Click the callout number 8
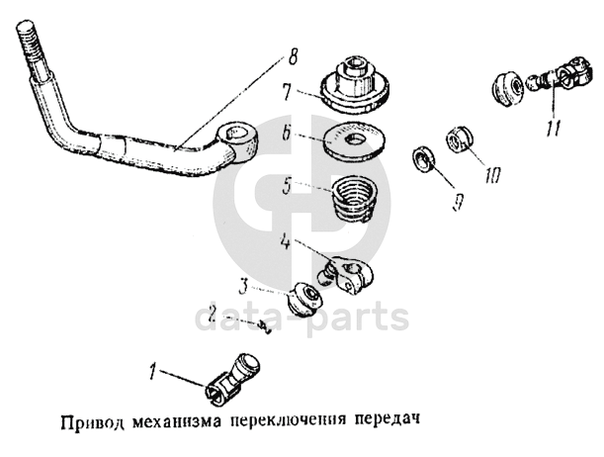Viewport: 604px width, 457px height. (x=293, y=57)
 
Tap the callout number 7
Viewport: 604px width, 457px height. (x=287, y=92)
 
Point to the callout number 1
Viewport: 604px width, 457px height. (x=153, y=371)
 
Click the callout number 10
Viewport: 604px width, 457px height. (x=493, y=175)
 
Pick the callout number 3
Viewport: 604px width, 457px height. (x=242, y=287)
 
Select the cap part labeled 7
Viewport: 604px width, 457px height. (x=355, y=84)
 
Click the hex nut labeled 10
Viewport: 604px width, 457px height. (x=459, y=139)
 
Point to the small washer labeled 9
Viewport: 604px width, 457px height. (x=423, y=158)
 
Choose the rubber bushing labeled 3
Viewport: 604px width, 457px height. (x=305, y=299)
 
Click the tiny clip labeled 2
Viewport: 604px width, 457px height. (x=265, y=326)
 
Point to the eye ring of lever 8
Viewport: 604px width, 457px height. (x=236, y=142)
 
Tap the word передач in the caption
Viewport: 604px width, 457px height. (x=387, y=419)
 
